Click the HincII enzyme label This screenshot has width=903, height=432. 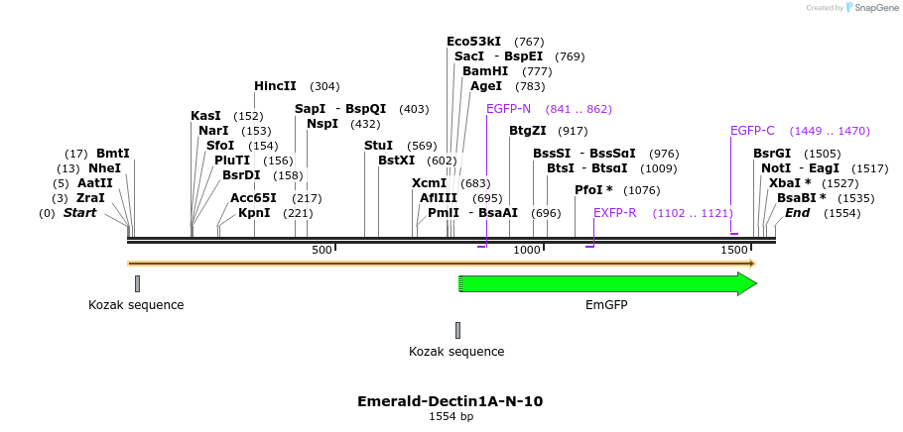pos(275,86)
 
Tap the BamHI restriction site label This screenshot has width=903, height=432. pos(484,71)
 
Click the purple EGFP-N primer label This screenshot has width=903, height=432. pos(508,109)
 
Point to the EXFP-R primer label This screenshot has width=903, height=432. pos(614,213)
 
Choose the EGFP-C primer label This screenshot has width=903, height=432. pos(752,131)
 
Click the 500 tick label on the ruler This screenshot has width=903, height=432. pos(322,251)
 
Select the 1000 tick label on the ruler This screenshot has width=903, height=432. pos(527,251)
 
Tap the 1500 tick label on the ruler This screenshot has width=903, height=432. pos(734,251)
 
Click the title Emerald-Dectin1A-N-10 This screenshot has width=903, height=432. pos(450,401)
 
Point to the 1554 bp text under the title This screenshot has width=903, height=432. pos(451,417)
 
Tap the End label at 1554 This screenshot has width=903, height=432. pos(797,213)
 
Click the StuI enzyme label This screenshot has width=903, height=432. pos(378,146)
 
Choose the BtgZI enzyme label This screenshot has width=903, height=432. pos(527,131)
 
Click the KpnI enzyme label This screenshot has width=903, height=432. pos(254,213)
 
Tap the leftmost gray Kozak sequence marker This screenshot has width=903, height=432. pos(137,283)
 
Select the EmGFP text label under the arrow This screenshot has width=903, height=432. pos(606,305)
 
